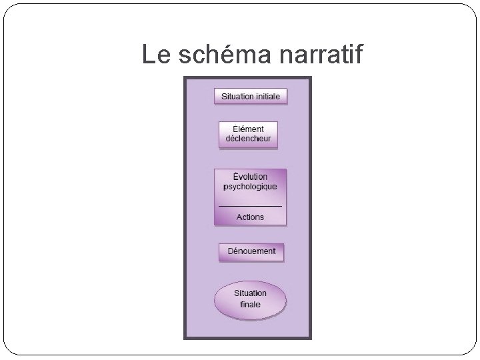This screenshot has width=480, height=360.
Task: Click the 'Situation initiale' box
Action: coord(251,96)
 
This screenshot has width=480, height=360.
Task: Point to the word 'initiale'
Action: coord(269,96)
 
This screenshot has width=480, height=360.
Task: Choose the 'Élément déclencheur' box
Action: coord(248,134)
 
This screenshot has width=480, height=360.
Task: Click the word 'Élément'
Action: coord(249,129)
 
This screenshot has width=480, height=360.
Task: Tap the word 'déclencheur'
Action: coord(249,139)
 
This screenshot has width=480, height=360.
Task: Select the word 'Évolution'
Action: coord(250,177)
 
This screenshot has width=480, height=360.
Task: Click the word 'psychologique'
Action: coord(250,187)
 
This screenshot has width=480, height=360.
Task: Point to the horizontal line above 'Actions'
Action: coord(250,206)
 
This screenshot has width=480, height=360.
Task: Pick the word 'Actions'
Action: coord(250,217)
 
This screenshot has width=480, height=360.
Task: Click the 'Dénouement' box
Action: coord(251,252)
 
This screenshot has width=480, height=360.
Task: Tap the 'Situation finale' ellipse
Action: coord(250,299)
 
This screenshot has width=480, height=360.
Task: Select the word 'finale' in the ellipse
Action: coord(250,305)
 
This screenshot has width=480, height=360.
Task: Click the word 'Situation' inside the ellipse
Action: coord(250,293)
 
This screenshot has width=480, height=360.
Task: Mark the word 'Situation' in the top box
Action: coord(237,96)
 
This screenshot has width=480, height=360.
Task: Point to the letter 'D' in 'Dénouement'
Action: coord(231,251)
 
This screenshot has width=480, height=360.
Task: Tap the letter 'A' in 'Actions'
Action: coord(239,217)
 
